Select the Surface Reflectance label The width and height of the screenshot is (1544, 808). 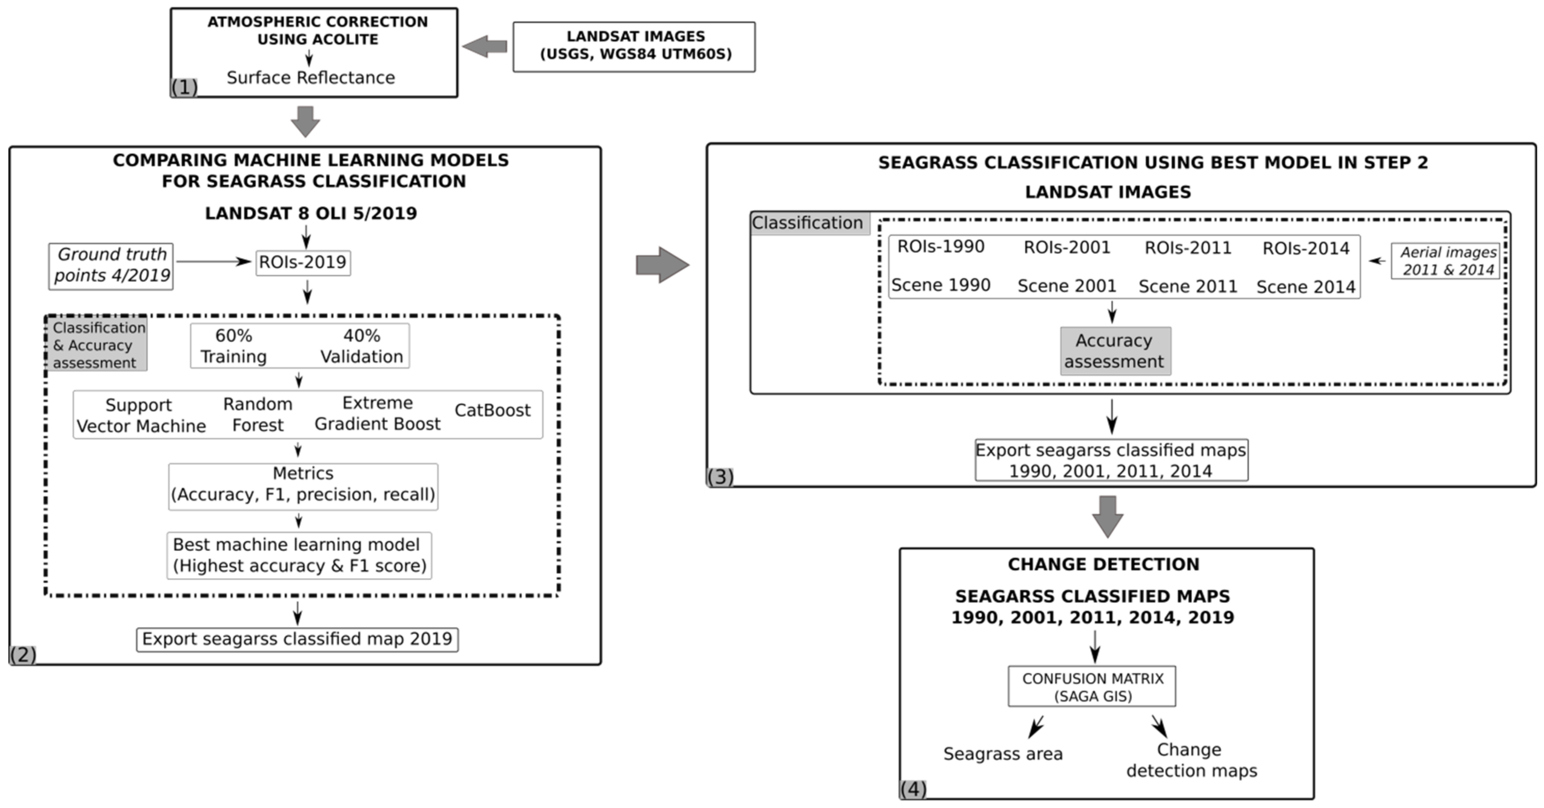point(311,77)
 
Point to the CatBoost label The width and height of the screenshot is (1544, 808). point(492,410)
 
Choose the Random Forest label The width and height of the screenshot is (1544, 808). point(258,414)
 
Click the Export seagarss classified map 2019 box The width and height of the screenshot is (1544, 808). point(297,639)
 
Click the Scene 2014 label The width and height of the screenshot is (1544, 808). point(1305,287)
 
